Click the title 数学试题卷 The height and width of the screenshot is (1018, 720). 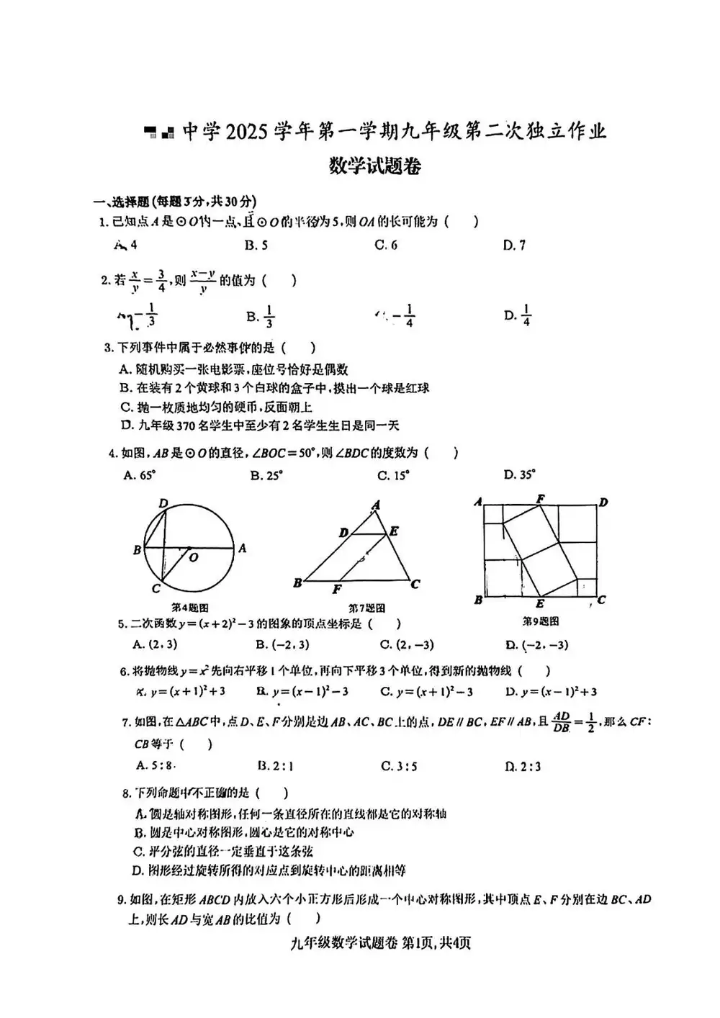tap(375, 166)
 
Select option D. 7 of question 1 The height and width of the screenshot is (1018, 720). tap(514, 246)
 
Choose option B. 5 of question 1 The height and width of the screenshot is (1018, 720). tap(256, 246)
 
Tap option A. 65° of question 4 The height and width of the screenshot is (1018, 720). tap(140, 475)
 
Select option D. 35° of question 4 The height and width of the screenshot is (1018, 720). tap(520, 475)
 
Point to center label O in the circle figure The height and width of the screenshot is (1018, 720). tap(194, 557)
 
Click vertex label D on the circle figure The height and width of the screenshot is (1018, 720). tap(163, 503)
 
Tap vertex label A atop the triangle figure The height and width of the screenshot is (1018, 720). tap(376, 506)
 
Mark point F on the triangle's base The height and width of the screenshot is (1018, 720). tap(337, 590)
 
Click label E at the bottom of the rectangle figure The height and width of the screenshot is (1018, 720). tap(540, 604)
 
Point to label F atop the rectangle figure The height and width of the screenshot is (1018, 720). tap(540, 498)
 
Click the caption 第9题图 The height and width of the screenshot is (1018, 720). tap(540, 621)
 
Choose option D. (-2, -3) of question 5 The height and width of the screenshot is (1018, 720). tap(536, 645)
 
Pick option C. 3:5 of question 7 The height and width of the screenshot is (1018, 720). tap(399, 767)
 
